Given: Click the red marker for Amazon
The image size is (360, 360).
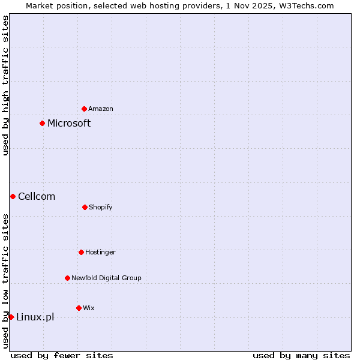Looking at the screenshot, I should pyautogui.click(x=84, y=109).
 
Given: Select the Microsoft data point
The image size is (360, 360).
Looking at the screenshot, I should pyautogui.click(x=42, y=123).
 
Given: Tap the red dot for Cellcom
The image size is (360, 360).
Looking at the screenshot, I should pyautogui.click(x=13, y=196).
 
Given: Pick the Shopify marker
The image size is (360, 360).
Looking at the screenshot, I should pyautogui.click(x=85, y=207).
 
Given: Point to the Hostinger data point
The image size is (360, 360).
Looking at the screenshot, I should pyautogui.click(x=81, y=252).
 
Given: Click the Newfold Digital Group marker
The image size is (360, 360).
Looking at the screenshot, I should pyautogui.click(x=67, y=278).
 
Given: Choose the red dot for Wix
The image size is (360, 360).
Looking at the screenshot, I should pyautogui.click(x=79, y=308).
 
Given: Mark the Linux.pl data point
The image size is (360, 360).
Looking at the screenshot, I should pyautogui.click(x=11, y=317).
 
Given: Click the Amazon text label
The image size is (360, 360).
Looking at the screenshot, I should pyautogui.click(x=101, y=109).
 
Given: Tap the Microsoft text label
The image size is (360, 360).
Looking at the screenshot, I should pyautogui.click(x=69, y=123).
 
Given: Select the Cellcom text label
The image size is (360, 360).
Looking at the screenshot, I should pyautogui.click(x=37, y=196).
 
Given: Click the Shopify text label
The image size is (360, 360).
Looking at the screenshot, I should pyautogui.click(x=101, y=207).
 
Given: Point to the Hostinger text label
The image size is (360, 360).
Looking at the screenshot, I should pyautogui.click(x=100, y=252).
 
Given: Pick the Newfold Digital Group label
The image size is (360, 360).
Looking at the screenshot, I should pyautogui.click(x=106, y=278).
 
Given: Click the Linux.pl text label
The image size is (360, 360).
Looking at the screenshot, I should pyautogui.click(x=35, y=317).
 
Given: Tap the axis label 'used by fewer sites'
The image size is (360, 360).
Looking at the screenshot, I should pyautogui.click(x=62, y=355).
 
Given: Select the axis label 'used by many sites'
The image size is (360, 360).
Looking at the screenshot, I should pyautogui.click(x=301, y=355).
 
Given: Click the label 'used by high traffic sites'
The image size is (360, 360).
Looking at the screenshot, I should pyautogui.click(x=5, y=85).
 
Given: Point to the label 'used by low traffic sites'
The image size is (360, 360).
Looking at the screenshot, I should pyautogui.click(x=5, y=281).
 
